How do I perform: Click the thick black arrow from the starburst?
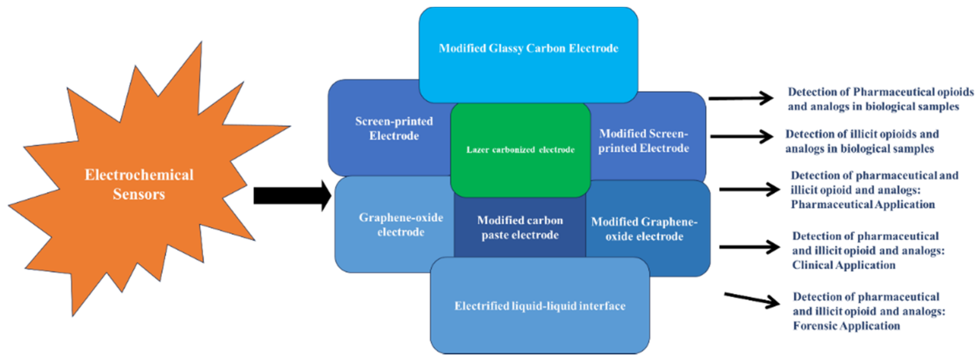tap(291, 196)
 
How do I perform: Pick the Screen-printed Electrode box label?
tap(394, 129)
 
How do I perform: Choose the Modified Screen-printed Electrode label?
tap(643, 141)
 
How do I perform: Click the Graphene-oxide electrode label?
tap(401, 225)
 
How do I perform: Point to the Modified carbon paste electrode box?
tap(520, 228)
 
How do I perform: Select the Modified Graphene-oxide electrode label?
tap(644, 229)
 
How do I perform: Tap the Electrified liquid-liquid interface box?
tap(539, 306)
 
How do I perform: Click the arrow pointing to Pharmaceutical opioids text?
tap(740, 98)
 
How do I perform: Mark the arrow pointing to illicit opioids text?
tap(741, 136)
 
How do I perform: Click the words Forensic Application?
tap(846, 326)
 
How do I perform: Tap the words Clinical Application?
tap(843, 265)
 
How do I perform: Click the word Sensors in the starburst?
tap(139, 194)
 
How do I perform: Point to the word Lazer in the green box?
tap(478, 150)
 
